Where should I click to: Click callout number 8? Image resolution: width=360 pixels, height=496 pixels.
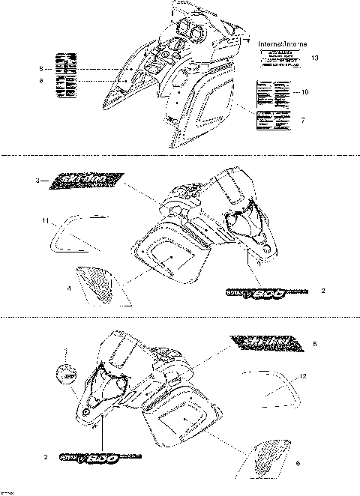click(x=42, y=68)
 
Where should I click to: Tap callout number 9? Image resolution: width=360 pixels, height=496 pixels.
click(x=42, y=79)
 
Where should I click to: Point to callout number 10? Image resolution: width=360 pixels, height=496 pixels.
click(x=305, y=91)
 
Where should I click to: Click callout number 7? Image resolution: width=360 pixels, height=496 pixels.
click(x=302, y=120)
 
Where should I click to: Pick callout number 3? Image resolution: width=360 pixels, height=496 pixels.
click(x=38, y=181)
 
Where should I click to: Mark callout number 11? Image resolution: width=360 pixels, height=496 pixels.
click(x=46, y=220)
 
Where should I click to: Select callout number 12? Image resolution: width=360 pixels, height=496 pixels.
click(x=303, y=375)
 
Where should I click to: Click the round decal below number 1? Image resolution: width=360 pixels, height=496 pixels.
click(x=66, y=375)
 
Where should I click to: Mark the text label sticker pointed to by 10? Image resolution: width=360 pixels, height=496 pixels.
click(x=272, y=94)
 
